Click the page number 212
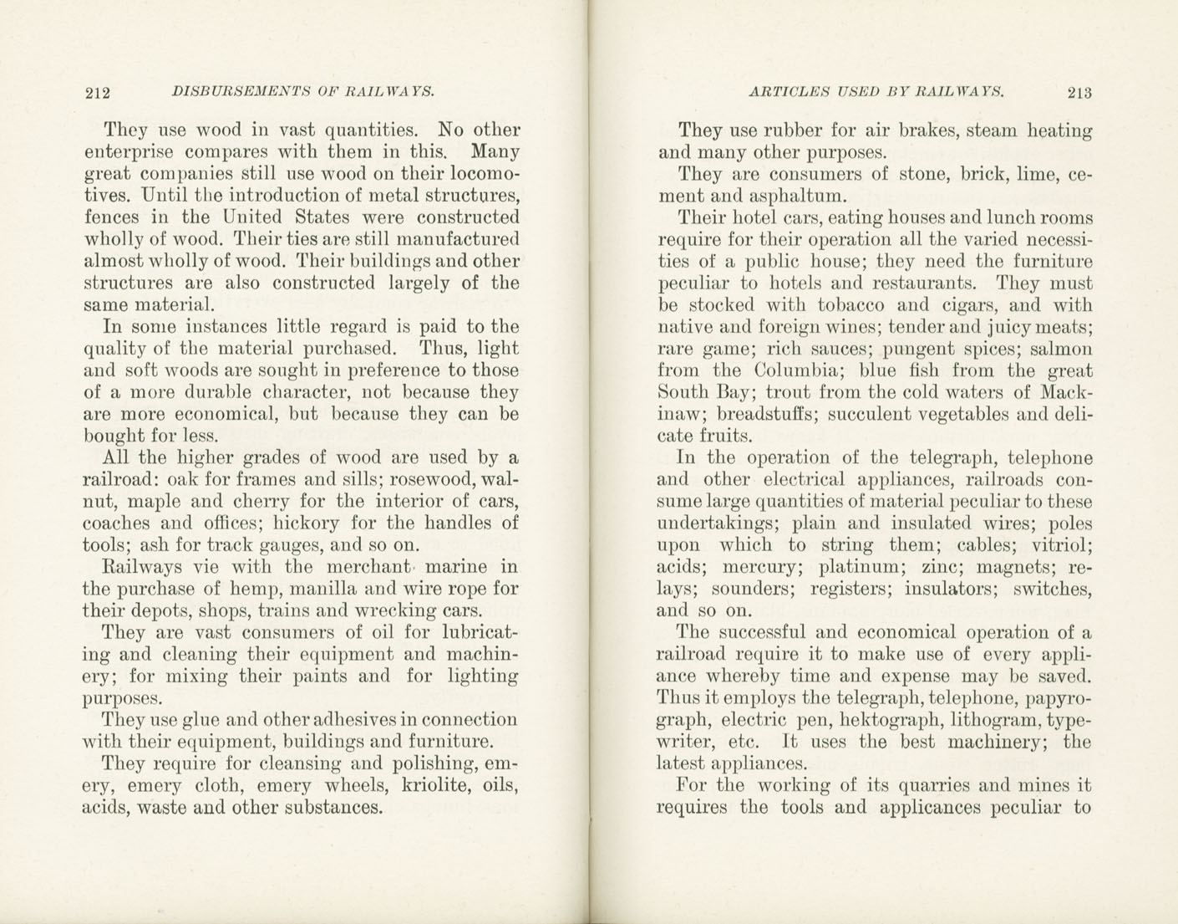(99, 92)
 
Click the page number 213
(1079, 92)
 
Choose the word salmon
(1061, 349)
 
